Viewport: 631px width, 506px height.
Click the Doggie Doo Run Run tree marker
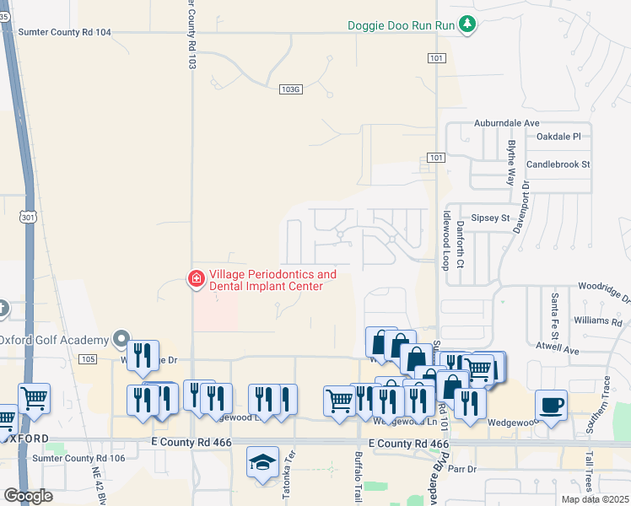tap(467, 25)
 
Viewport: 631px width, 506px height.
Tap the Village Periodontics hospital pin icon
tap(196, 277)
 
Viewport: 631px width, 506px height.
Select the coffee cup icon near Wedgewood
tap(551, 405)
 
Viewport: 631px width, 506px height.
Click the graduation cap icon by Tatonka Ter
tap(262, 462)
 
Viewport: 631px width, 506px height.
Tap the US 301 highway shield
tap(29, 217)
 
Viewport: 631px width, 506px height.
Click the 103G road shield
tap(289, 88)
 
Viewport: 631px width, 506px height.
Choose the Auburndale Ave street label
tap(505, 123)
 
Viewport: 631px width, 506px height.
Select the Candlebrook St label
tap(558, 164)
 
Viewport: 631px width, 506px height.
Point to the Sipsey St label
tap(490, 218)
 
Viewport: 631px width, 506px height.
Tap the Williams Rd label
tap(596, 321)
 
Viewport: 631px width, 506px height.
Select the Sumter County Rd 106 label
tap(78, 459)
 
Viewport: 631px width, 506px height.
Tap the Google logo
tap(28, 496)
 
